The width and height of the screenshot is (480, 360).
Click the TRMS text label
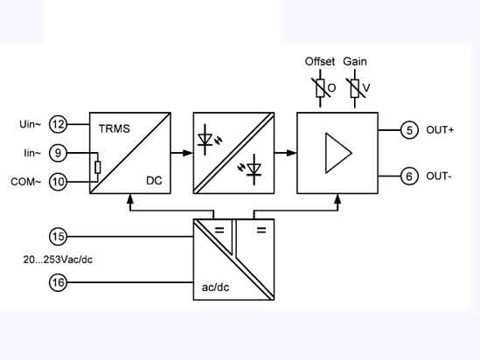(115, 128)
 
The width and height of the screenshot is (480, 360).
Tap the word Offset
(320, 61)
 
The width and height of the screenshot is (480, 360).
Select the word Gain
(355, 61)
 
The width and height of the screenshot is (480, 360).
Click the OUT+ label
(440, 130)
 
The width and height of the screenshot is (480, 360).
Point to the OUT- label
(439, 177)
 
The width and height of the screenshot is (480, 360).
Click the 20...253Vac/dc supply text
(58, 260)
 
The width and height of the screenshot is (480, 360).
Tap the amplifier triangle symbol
(338, 153)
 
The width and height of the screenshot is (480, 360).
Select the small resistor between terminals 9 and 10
(98, 168)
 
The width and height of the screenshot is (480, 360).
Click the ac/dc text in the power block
(215, 287)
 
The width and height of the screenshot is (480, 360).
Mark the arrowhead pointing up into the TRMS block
(130, 199)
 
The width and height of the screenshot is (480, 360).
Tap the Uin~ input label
(30, 124)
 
